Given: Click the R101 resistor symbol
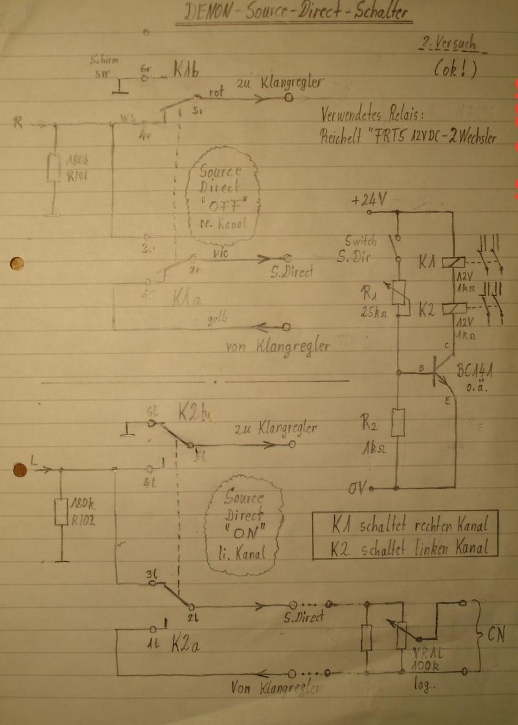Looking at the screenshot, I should click(54, 168).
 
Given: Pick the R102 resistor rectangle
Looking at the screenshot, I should click(62, 511).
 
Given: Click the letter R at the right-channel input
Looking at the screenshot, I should click(19, 122).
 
